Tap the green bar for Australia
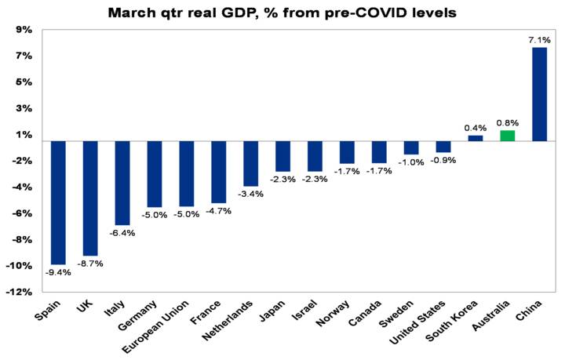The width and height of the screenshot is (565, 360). pos(508,136)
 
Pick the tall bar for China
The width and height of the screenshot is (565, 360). pos(540,94)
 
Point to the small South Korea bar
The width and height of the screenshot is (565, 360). pos(476,138)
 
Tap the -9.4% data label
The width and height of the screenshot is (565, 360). pos(59,272)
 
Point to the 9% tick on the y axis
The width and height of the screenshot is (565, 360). pos(24,30)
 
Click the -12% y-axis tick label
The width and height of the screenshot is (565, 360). pos(20,292)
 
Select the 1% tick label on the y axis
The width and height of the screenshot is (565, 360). pos(24,135)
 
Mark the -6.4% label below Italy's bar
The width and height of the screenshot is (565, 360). pos(123,233)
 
